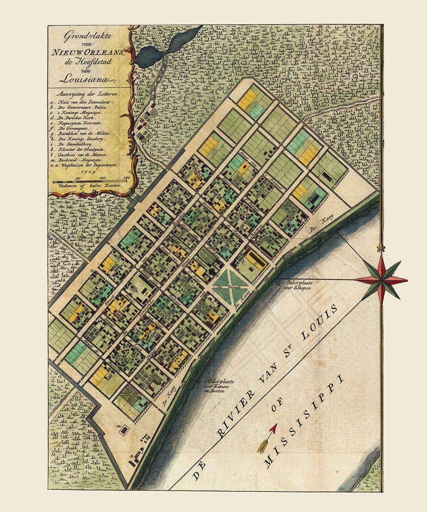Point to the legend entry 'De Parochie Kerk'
click(x=79, y=118)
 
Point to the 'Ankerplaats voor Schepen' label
click(x=294, y=285)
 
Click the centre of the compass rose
click(x=381, y=280)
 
